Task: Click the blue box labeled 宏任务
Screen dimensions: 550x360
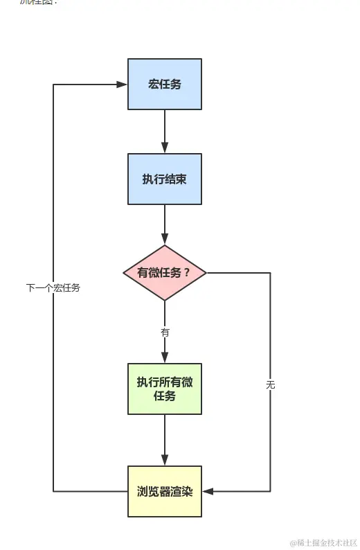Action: tap(165, 84)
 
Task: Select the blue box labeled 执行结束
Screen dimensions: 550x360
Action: tap(165, 179)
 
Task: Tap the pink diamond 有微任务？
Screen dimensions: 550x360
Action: tap(165, 273)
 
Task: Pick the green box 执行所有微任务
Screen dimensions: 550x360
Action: tap(165, 389)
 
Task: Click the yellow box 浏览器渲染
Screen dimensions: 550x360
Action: tap(165, 491)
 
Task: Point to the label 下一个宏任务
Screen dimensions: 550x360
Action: tap(53, 287)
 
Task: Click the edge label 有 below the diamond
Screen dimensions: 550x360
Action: tap(165, 332)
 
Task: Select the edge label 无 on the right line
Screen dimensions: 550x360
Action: tap(270, 384)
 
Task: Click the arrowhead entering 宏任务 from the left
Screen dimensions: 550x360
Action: tap(122, 85)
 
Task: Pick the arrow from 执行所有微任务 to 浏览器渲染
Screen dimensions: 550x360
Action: tap(165, 440)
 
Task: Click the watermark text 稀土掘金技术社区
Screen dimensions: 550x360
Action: tap(323, 542)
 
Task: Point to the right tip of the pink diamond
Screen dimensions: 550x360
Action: tap(206, 273)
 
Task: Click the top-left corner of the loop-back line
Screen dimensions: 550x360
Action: tap(54, 85)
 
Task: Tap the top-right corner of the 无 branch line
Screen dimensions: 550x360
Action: tap(270, 273)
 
